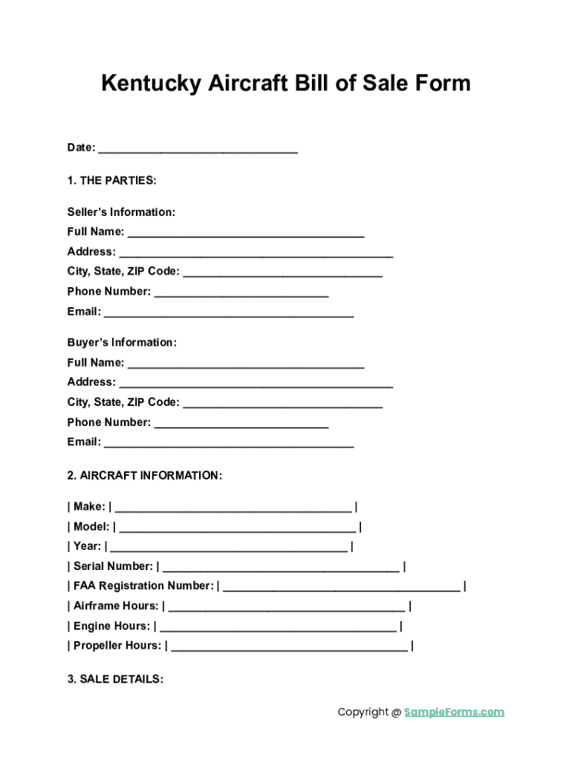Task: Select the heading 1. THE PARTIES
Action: (111, 180)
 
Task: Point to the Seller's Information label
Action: (121, 212)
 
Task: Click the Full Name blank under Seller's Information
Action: (246, 233)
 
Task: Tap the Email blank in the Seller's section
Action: (229, 313)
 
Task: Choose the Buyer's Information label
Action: (122, 343)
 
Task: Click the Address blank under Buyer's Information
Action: (256, 384)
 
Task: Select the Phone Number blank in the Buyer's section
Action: (241, 424)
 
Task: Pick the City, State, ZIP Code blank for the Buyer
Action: (282, 404)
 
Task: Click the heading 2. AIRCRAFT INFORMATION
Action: (144, 475)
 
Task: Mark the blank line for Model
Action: (237, 528)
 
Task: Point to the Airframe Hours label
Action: (116, 606)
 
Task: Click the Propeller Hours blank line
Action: (289, 647)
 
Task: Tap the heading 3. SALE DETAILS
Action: (115, 679)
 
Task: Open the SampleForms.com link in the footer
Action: (454, 712)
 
